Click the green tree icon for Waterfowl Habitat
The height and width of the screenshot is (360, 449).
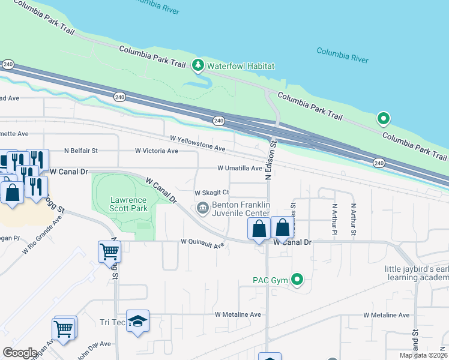(197, 65)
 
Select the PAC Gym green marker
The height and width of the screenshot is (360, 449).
(297, 279)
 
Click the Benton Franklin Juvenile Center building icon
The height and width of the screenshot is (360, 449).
(202, 208)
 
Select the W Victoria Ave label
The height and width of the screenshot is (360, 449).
(156, 151)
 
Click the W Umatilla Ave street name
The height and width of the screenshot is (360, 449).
(240, 169)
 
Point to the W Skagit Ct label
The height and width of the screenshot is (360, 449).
(211, 193)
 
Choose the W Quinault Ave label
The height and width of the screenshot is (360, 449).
(203, 244)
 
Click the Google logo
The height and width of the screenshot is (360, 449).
(20, 353)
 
